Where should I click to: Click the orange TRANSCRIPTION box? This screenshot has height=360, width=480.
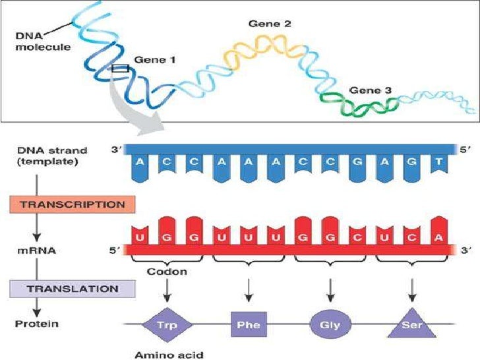72,204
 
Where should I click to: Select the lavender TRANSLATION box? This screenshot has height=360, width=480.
72,288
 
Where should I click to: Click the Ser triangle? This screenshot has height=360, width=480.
411,325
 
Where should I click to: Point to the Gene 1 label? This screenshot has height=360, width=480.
154,59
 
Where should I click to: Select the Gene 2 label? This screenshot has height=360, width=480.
270,24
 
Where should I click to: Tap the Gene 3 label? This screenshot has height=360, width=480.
370,90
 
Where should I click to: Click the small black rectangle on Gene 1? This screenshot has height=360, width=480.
120,67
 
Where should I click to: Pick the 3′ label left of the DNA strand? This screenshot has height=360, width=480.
116,150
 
